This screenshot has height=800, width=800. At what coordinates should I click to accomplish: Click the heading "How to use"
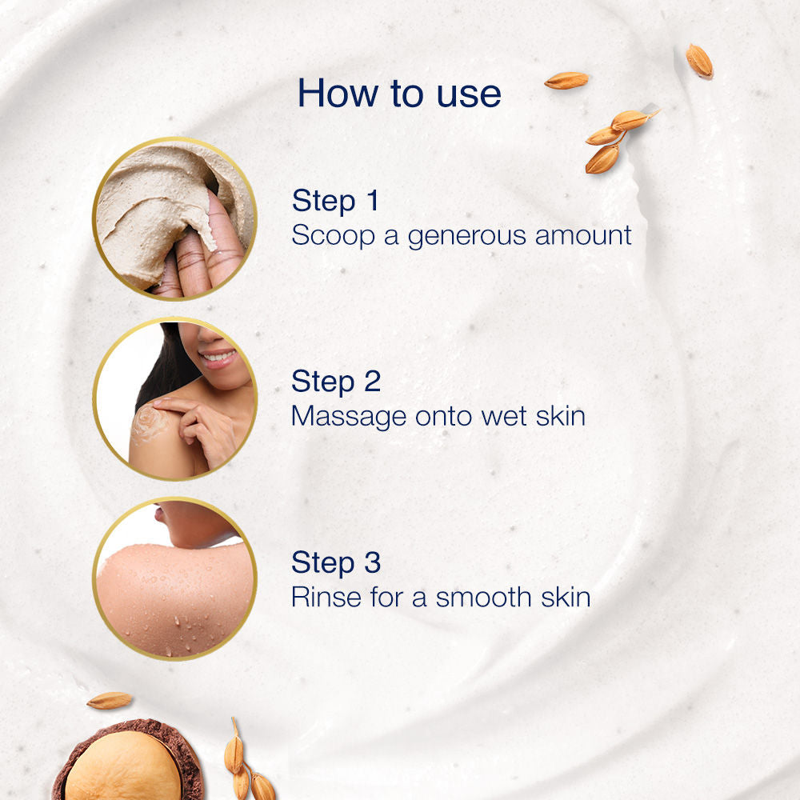pyautogui.click(x=399, y=93)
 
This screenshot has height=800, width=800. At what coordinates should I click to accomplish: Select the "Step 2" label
pyautogui.click(x=336, y=382)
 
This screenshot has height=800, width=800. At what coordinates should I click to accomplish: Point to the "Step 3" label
pyautogui.click(x=336, y=562)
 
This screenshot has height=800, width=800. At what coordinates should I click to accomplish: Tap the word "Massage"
pyautogui.click(x=349, y=417)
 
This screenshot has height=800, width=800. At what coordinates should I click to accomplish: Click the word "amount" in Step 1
pyautogui.click(x=583, y=236)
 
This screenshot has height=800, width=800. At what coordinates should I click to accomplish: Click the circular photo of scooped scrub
pyautogui.click(x=174, y=218)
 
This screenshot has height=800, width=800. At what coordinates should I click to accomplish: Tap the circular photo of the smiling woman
pyautogui.click(x=174, y=398)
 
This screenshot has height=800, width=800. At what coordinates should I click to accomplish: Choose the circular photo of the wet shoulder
pyautogui.click(x=174, y=579)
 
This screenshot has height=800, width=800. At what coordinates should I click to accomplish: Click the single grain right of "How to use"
pyautogui.click(x=566, y=80)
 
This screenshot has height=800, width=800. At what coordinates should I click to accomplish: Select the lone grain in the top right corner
pyautogui.click(x=699, y=61)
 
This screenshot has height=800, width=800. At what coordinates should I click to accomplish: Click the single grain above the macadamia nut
pyautogui.click(x=109, y=701)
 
